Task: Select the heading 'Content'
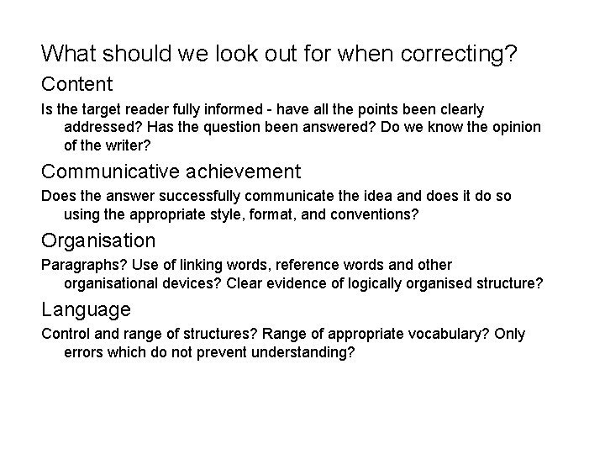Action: [x=76, y=84]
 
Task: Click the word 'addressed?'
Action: [x=102, y=127]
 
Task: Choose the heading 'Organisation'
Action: [x=98, y=240]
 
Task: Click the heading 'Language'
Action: [x=86, y=309]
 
